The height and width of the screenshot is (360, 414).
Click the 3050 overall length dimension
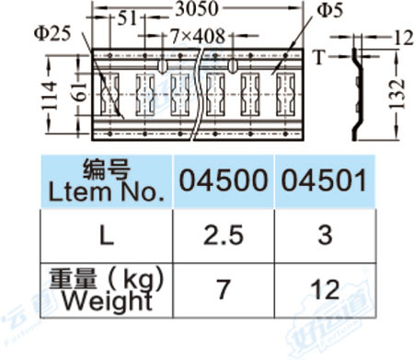tap(197, 9)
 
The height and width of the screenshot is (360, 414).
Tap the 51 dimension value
tap(127, 18)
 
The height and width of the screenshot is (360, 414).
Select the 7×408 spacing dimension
tap(198, 36)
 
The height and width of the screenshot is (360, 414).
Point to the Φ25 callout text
tap(52, 33)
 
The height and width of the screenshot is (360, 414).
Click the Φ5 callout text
tap(329, 10)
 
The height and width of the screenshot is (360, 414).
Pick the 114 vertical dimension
tap(50, 95)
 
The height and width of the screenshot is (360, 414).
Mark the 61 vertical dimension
tap(81, 91)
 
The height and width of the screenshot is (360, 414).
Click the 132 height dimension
tap(397, 95)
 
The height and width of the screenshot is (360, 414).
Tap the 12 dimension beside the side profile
tap(403, 39)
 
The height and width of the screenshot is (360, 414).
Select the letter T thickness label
tap(319, 57)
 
